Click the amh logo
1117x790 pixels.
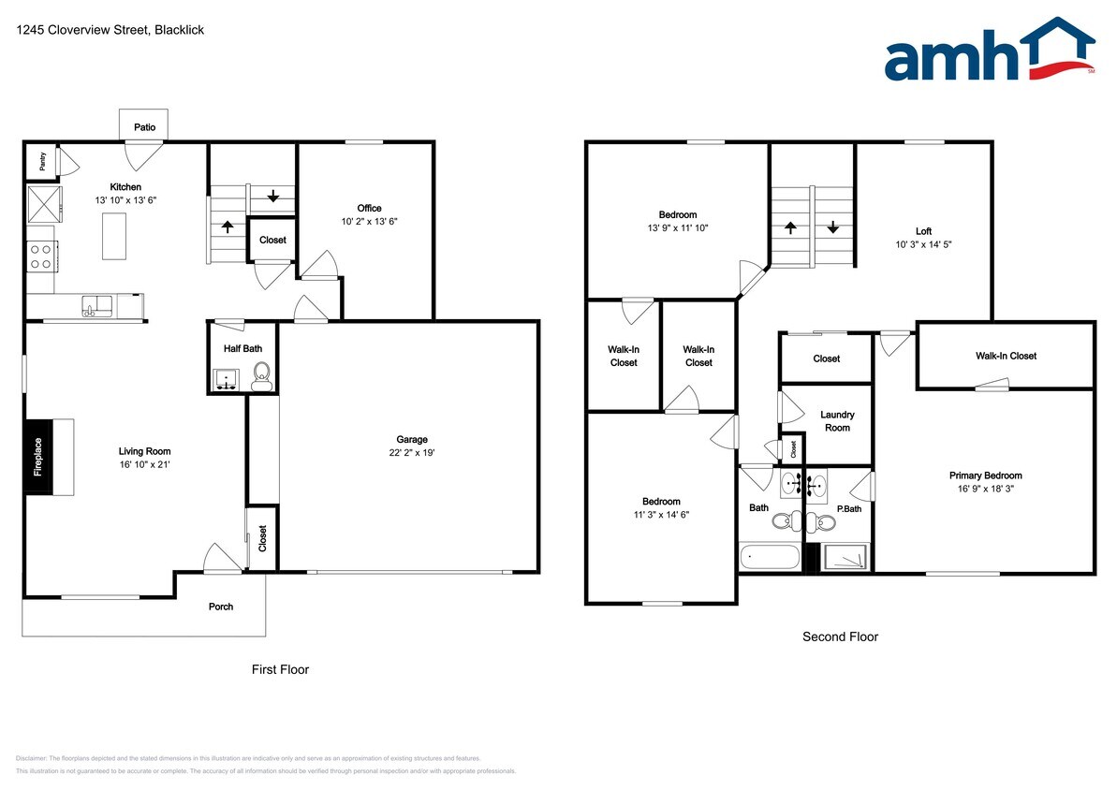click(x=989, y=51)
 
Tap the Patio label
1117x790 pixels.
click(x=144, y=127)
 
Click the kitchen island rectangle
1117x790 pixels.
click(x=114, y=236)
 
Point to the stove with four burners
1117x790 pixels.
click(x=42, y=256)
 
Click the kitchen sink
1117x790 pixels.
click(x=96, y=305)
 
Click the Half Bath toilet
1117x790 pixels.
click(x=261, y=377)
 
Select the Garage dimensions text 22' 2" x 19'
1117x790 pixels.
click(x=412, y=452)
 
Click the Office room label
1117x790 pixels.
click(x=369, y=208)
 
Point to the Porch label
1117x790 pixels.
click(x=221, y=607)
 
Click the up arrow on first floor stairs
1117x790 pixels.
click(x=228, y=226)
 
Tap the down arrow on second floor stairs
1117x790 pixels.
click(x=832, y=227)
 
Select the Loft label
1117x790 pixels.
click(x=923, y=231)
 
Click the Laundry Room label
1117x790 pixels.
click(x=837, y=421)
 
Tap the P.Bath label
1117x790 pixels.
click(x=848, y=508)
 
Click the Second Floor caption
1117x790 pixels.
click(x=840, y=636)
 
